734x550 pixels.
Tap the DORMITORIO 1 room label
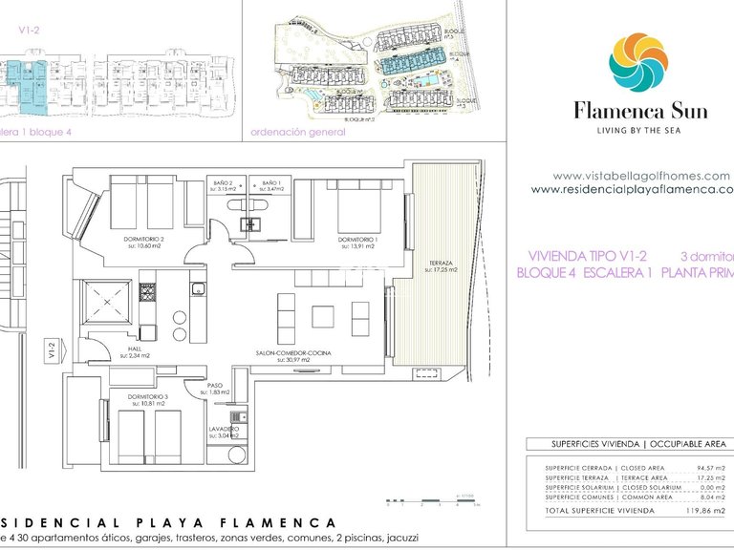pyautogui.click(x=357, y=239)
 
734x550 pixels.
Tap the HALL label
pyautogui.click(x=137, y=350)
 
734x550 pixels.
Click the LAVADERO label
pyautogui.click(x=224, y=431)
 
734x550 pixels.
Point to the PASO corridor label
pyautogui.click(x=216, y=387)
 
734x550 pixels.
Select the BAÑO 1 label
pyautogui.click(x=271, y=181)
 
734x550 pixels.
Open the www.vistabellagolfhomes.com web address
pyautogui.click(x=640, y=176)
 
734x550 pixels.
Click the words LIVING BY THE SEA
pyautogui.click(x=640, y=129)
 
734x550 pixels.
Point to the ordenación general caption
pyautogui.click(x=297, y=133)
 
